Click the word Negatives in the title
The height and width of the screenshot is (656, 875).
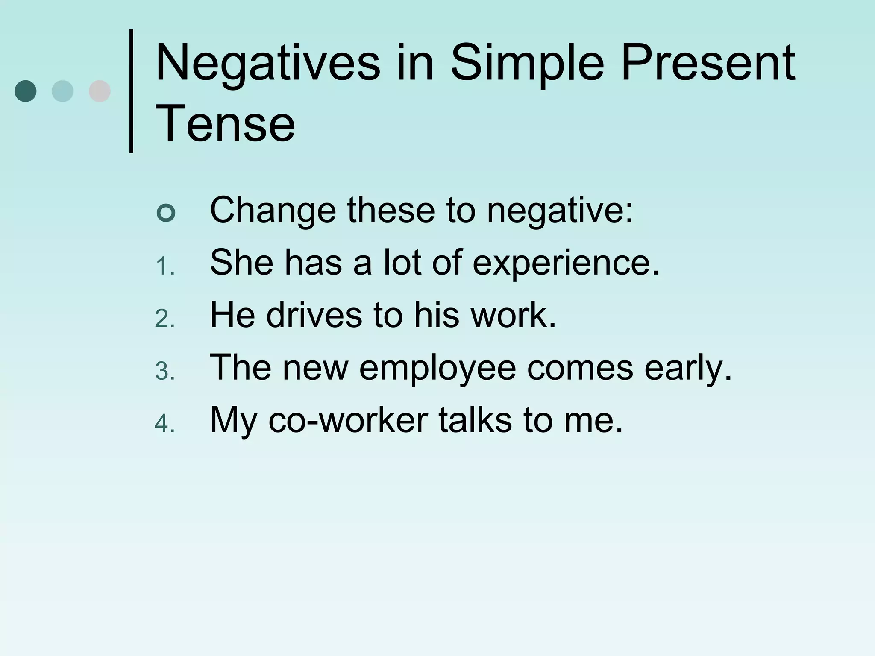click(268, 63)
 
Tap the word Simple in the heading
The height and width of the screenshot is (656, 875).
click(527, 63)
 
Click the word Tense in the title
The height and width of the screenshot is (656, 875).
click(225, 124)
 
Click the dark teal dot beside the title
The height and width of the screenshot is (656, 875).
click(26, 91)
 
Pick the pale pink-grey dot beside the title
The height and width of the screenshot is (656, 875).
click(100, 91)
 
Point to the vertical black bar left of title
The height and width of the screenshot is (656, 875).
click(131, 91)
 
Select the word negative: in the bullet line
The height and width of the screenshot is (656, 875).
click(560, 210)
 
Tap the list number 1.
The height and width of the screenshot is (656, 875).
click(164, 268)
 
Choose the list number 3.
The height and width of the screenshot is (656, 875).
click(164, 372)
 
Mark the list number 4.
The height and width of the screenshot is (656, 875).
click(164, 424)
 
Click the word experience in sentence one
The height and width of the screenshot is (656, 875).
click(566, 263)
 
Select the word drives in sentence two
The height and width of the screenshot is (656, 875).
click(314, 315)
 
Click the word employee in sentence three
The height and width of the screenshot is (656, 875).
click(437, 368)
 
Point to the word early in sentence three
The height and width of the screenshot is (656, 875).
click(688, 368)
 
